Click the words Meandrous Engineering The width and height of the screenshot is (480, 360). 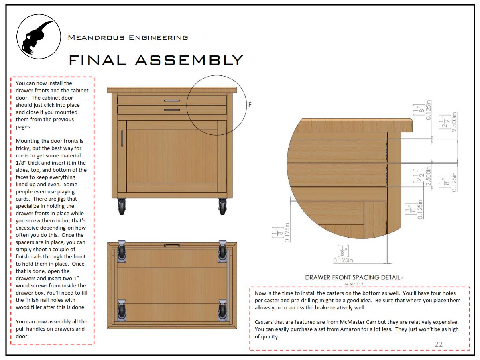coord(128,38)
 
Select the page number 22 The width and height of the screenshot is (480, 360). coord(438,344)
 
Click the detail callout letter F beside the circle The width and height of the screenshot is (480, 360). coord(250,105)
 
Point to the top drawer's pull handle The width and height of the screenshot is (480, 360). coord(172,100)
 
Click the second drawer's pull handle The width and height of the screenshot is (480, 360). coord(172,110)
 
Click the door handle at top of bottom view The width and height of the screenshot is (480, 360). coord(172,244)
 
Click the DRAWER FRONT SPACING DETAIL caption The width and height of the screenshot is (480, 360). coord(352,277)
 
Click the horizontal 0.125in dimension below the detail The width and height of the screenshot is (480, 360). coord(343,260)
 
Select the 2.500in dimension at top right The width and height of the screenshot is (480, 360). coord(454,126)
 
